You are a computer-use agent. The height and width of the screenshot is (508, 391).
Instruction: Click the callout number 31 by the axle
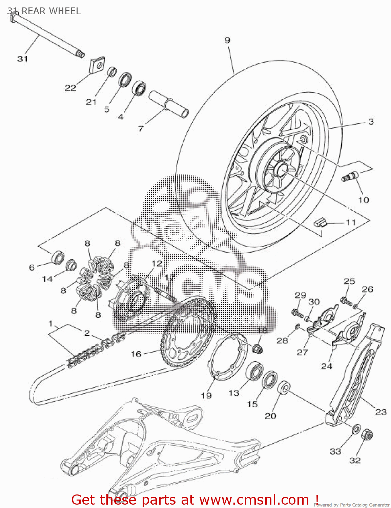(22, 59)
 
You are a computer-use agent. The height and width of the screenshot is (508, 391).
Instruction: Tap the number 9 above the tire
(227, 40)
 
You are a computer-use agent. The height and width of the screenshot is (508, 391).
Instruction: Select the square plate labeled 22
(97, 65)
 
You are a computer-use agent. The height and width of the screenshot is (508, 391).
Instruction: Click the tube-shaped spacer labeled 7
(169, 104)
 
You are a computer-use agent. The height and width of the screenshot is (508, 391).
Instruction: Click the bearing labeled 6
(58, 257)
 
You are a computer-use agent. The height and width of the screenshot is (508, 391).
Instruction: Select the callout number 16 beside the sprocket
(136, 354)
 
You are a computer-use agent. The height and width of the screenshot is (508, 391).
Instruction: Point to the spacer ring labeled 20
(284, 387)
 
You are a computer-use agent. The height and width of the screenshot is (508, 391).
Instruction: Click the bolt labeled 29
(297, 313)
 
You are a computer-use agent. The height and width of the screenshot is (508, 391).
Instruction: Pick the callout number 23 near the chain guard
(381, 412)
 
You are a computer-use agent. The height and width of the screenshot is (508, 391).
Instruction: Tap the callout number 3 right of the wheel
(371, 122)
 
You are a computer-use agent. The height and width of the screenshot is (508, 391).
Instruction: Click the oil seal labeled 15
(270, 379)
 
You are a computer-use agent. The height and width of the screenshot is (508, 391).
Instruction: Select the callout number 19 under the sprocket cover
(206, 395)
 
